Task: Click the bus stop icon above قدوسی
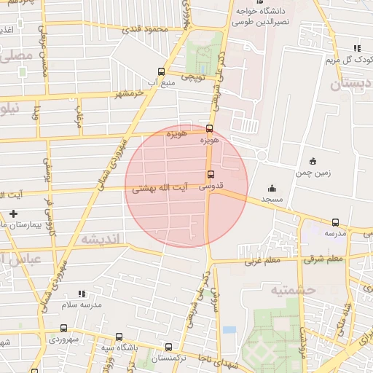pyautogui.click(x=211, y=174)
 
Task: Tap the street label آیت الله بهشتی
pyautogui.click(x=160, y=188)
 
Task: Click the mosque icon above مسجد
pyautogui.click(x=272, y=187)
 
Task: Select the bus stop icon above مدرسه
pyautogui.click(x=335, y=222)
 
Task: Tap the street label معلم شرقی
pyautogui.click(x=324, y=259)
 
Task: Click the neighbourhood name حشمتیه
pyautogui.click(x=292, y=290)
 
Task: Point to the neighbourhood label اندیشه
pyautogui.click(x=99, y=239)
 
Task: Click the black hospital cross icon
pyautogui.click(x=13, y=213)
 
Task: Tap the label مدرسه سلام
pyautogui.click(x=79, y=305)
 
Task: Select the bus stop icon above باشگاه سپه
pyautogui.click(x=119, y=337)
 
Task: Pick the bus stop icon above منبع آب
pyautogui.click(x=161, y=72)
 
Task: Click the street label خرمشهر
pyautogui.click(x=117, y=93)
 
